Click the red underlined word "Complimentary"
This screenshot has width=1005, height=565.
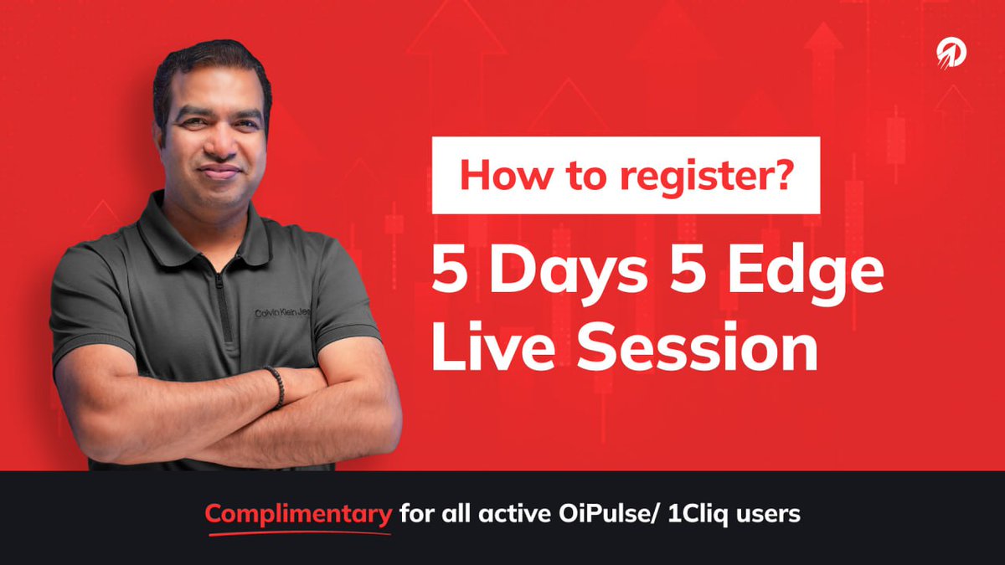point(298,513)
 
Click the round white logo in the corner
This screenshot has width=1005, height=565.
point(951,54)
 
